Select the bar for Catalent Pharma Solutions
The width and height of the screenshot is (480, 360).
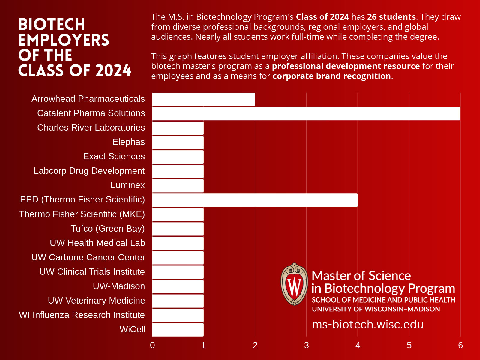(306, 114)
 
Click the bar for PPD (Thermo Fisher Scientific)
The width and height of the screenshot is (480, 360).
(255, 200)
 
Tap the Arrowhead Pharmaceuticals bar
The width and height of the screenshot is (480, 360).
(203, 99)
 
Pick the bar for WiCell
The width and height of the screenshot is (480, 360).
(178, 330)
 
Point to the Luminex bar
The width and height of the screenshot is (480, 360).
(178, 186)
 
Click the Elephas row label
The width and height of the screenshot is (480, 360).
(128, 142)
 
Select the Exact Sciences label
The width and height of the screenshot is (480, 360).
(114, 156)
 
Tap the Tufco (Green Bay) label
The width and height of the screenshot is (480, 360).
(107, 229)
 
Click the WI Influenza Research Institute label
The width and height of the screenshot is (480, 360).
(82, 315)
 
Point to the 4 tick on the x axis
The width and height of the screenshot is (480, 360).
(358, 345)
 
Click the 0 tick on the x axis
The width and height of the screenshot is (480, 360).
(152, 345)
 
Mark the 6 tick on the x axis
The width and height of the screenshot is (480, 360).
(460, 345)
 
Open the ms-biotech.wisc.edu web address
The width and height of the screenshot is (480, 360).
(367, 325)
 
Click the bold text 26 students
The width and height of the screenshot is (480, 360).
(391, 17)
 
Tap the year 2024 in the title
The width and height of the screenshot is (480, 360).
(113, 71)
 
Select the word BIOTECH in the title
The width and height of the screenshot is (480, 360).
(52, 25)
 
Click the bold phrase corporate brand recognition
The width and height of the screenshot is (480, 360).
(331, 76)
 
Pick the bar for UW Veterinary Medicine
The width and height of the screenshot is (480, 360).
(178, 301)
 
